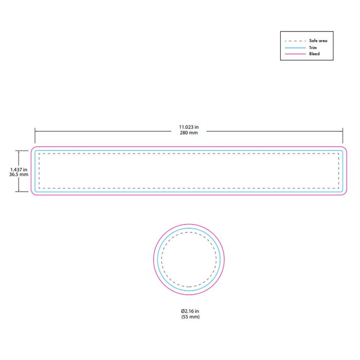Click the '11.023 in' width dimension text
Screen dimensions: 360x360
[189, 127]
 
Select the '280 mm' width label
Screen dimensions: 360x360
[189, 133]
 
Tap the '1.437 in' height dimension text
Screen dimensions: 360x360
[19, 170]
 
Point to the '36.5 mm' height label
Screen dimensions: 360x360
[19, 174]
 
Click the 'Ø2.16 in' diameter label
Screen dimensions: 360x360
[190, 311]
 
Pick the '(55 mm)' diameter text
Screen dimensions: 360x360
[190, 317]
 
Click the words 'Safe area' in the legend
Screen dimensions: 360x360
[318, 41]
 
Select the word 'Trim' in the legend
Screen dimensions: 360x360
[313, 47]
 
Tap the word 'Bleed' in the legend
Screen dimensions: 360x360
[314, 53]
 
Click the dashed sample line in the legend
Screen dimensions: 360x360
[295, 41]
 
